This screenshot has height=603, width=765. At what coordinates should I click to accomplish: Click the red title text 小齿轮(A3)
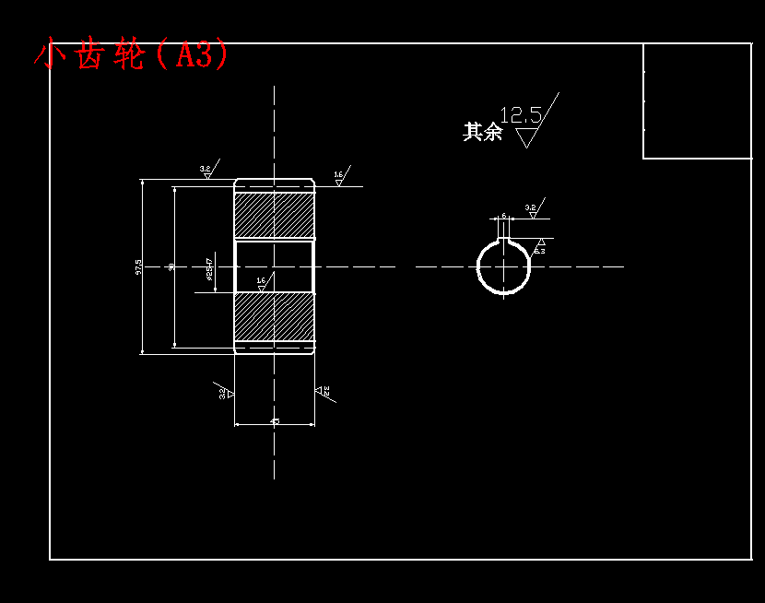click(131, 55)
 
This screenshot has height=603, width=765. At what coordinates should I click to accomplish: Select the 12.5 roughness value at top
click(521, 115)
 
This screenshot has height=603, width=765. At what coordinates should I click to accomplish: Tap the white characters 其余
click(482, 132)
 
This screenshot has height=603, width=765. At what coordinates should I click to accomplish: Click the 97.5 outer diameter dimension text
click(138, 266)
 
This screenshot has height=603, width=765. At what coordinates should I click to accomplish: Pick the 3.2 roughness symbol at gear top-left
click(206, 171)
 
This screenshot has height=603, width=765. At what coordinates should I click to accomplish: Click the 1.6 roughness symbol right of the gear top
click(339, 177)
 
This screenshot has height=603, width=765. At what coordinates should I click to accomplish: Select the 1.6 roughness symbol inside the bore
click(261, 284)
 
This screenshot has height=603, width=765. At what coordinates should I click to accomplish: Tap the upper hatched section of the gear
click(274, 215)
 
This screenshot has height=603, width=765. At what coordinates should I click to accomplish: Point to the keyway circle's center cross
click(503, 267)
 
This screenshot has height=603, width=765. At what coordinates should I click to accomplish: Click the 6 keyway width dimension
click(503, 216)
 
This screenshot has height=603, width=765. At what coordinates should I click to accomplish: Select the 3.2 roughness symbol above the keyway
click(532, 210)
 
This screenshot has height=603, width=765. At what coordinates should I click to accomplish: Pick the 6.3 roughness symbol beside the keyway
click(539, 247)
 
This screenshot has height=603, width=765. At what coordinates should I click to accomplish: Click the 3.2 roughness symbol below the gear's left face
click(225, 393)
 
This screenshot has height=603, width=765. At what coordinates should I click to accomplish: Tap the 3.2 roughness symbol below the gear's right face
click(324, 392)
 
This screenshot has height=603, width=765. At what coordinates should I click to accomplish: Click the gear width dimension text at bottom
click(275, 421)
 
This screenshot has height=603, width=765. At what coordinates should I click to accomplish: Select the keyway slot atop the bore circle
click(503, 242)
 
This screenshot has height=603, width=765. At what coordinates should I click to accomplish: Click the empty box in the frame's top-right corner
click(697, 100)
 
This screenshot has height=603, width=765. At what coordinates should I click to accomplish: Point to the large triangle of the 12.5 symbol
click(526, 137)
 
